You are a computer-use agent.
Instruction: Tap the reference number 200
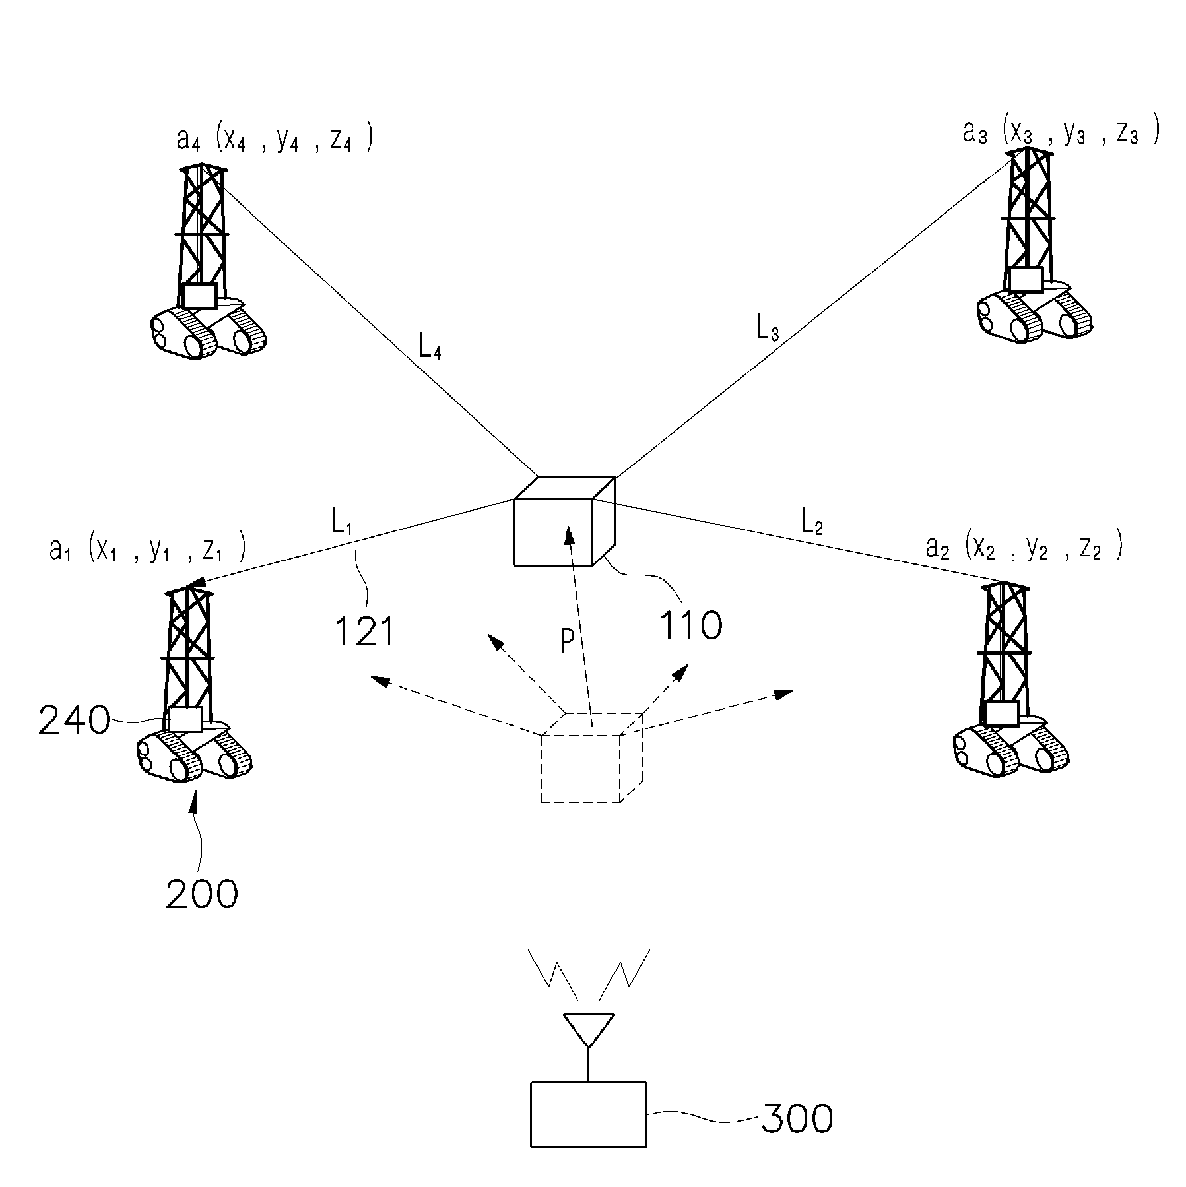[x=201, y=895]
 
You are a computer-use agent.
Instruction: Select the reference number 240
[x=74, y=721]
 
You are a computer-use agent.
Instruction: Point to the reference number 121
[x=364, y=631]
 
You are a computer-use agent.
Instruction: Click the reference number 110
[x=691, y=625]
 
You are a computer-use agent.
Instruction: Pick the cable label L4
[x=430, y=346]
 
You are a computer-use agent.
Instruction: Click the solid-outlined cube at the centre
[x=565, y=521]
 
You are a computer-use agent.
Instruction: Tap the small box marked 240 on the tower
[x=185, y=719]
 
